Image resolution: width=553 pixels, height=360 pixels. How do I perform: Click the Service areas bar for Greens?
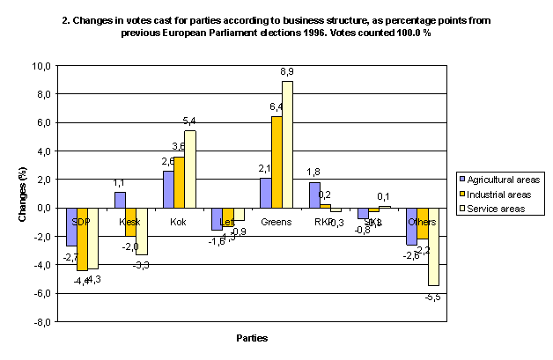(311, 144)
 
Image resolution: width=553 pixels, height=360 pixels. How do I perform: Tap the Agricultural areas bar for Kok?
(170, 189)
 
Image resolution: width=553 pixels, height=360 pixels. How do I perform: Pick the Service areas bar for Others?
(432, 246)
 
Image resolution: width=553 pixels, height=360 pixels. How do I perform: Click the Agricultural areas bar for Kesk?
(120, 200)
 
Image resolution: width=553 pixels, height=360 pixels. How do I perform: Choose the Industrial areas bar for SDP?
(83, 239)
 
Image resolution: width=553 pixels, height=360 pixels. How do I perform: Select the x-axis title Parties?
(251, 337)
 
